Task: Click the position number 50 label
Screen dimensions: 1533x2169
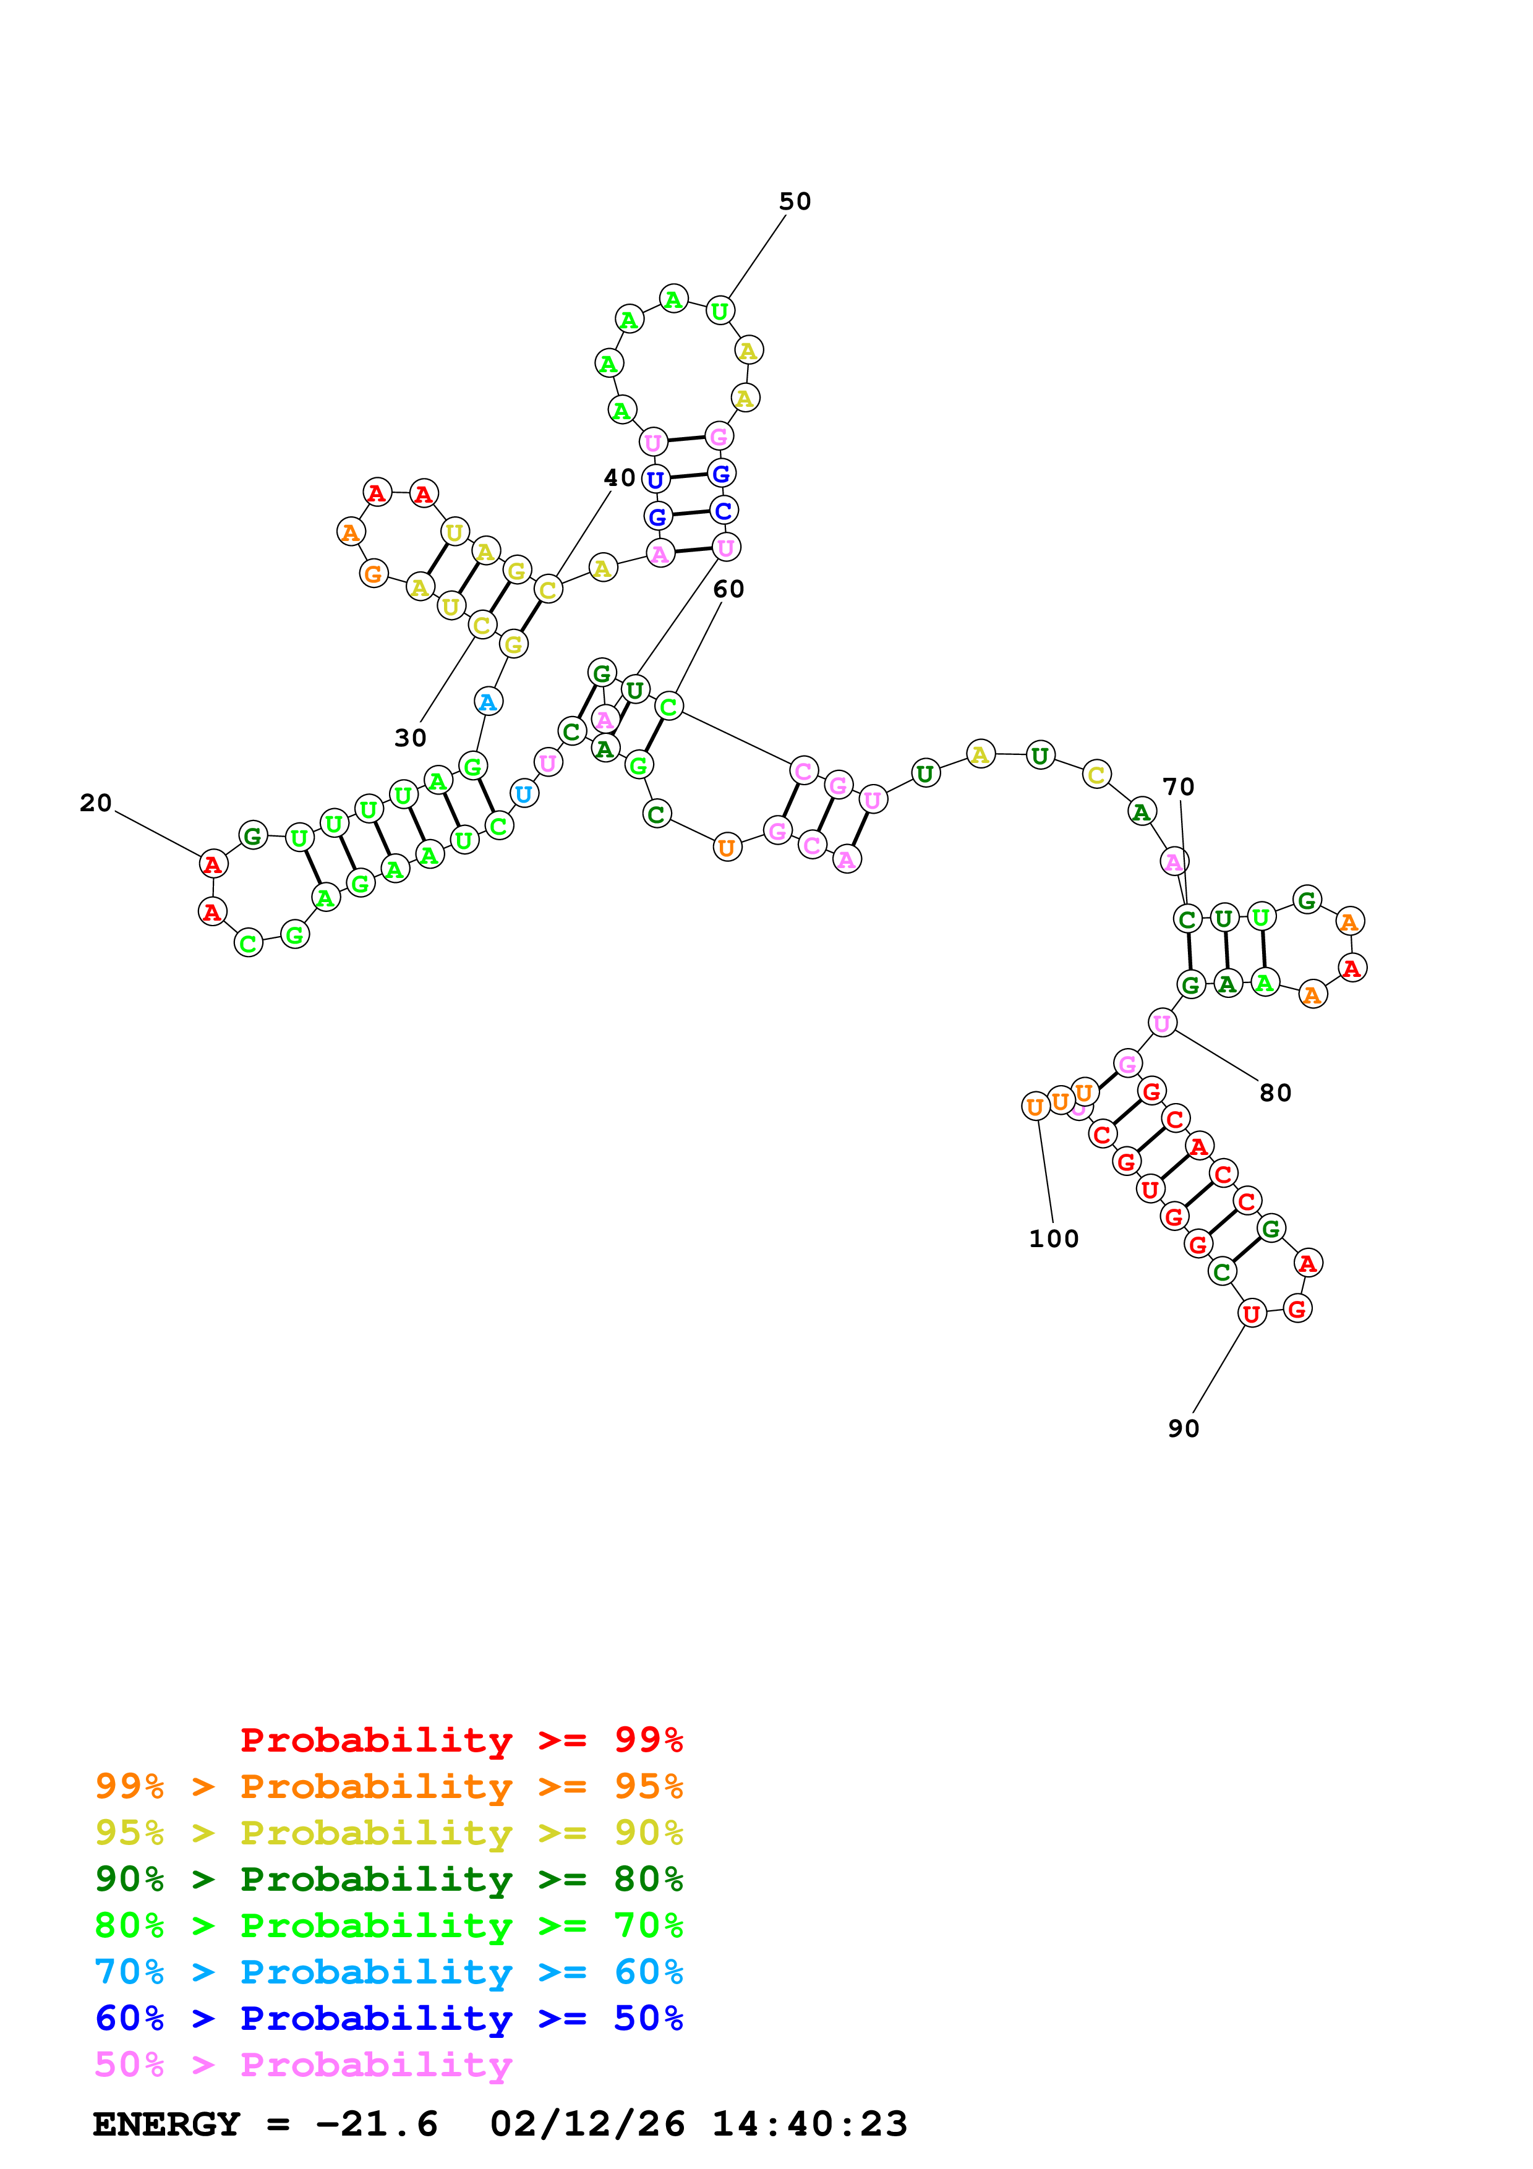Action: (x=795, y=201)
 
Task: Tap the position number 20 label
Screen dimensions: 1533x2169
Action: (x=95, y=803)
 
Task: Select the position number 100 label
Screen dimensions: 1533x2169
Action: (x=1053, y=1238)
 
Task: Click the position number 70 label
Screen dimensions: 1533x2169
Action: (x=1178, y=787)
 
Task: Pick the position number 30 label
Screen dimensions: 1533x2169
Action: (x=410, y=738)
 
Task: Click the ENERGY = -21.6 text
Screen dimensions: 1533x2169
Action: (x=265, y=2124)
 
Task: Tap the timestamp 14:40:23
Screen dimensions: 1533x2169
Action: (x=809, y=2124)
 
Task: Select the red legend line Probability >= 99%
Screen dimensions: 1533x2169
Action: (x=461, y=1740)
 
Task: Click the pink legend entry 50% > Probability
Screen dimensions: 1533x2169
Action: (x=303, y=2065)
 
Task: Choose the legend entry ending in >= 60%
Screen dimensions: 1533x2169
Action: (x=389, y=1972)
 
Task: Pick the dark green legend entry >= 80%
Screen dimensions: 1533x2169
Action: (x=389, y=1880)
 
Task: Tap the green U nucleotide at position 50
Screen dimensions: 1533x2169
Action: (x=720, y=311)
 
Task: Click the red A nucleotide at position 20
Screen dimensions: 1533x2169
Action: (x=213, y=863)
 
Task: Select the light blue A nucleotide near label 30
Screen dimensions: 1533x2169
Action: (x=487, y=702)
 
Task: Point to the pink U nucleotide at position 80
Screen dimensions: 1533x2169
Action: (x=1162, y=1023)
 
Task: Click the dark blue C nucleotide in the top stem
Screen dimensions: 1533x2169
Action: (x=724, y=511)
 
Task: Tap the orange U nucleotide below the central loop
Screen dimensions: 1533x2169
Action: (x=727, y=848)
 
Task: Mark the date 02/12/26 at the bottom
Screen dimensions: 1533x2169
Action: (x=587, y=2124)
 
